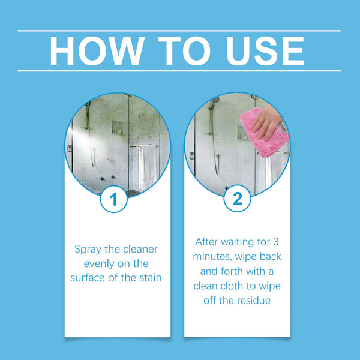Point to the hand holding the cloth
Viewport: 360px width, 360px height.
(x=268, y=123)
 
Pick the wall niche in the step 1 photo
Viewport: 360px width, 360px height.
(x=118, y=128)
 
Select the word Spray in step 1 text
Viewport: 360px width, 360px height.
(x=88, y=248)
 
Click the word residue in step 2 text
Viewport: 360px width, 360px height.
(x=253, y=300)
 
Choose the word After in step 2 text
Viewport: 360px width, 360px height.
(x=208, y=242)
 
